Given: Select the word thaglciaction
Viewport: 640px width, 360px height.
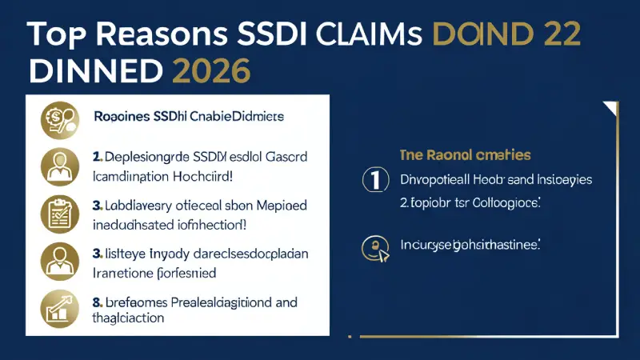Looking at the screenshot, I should (x=129, y=318).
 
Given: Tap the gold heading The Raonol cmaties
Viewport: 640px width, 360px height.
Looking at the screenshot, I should (x=464, y=155).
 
